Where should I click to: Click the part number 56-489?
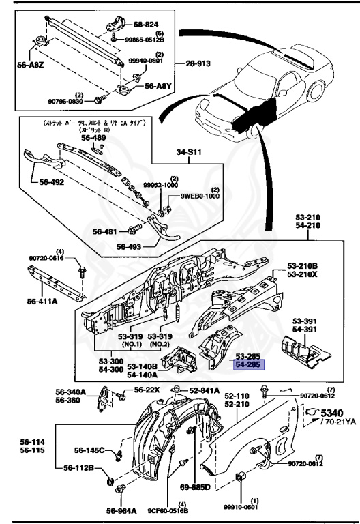tap(94, 137)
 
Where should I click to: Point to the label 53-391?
tap(306, 320)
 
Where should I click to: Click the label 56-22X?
tap(146, 390)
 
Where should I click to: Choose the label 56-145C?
tap(87, 450)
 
